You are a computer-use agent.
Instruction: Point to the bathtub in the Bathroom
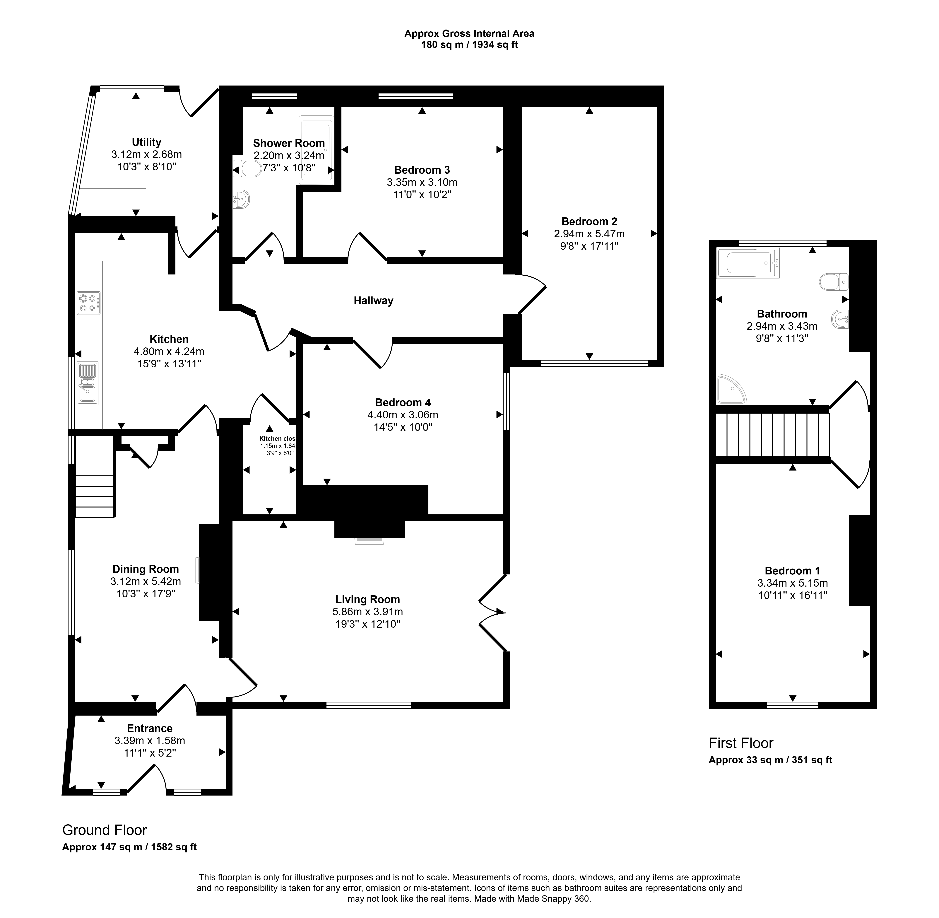point(748,263)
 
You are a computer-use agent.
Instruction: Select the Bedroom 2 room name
point(589,222)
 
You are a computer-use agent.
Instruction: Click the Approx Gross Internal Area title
point(469,34)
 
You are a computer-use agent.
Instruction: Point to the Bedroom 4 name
point(403,403)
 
